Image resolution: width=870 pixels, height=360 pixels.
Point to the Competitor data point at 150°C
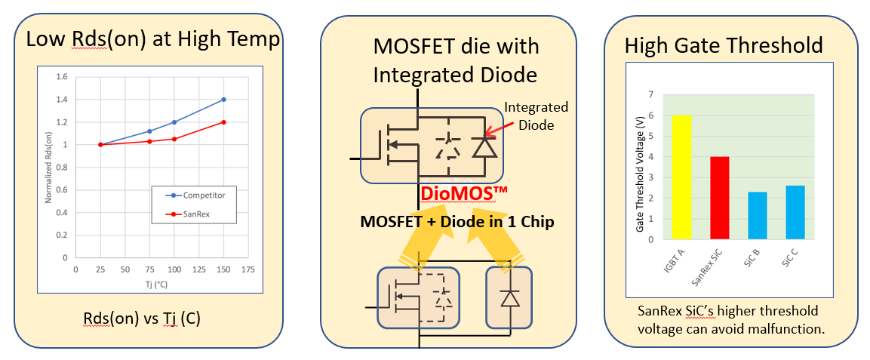point(224,100)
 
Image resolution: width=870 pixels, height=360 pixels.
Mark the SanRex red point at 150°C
point(224,122)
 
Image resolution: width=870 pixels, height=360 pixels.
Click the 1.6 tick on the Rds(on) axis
point(62,77)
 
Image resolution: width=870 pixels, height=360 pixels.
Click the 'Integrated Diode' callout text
point(536,116)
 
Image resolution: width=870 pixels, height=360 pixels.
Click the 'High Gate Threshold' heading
point(724,45)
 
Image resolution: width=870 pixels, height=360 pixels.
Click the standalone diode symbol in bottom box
point(510,297)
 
